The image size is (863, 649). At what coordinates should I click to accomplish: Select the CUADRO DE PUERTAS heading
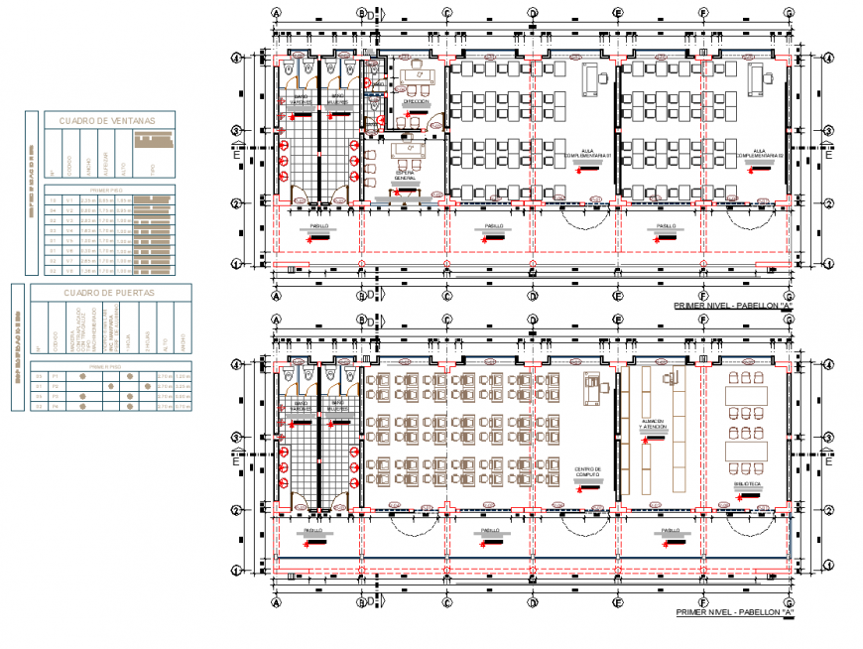(x=109, y=293)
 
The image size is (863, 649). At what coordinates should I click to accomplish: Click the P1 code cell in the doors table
(x=56, y=376)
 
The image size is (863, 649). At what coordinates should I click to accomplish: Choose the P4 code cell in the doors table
(x=56, y=406)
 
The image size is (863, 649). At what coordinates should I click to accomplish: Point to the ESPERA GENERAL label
(x=405, y=176)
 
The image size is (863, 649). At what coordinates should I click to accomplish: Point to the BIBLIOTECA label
(x=747, y=484)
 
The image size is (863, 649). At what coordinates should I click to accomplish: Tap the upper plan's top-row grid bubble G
(x=789, y=14)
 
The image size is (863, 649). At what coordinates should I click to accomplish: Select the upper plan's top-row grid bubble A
(x=277, y=14)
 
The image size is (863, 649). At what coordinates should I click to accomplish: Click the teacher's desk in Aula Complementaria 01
(x=596, y=76)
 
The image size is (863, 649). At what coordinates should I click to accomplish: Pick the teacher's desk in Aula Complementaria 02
(x=767, y=76)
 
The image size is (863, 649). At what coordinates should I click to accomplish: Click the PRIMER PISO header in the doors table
(x=106, y=366)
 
